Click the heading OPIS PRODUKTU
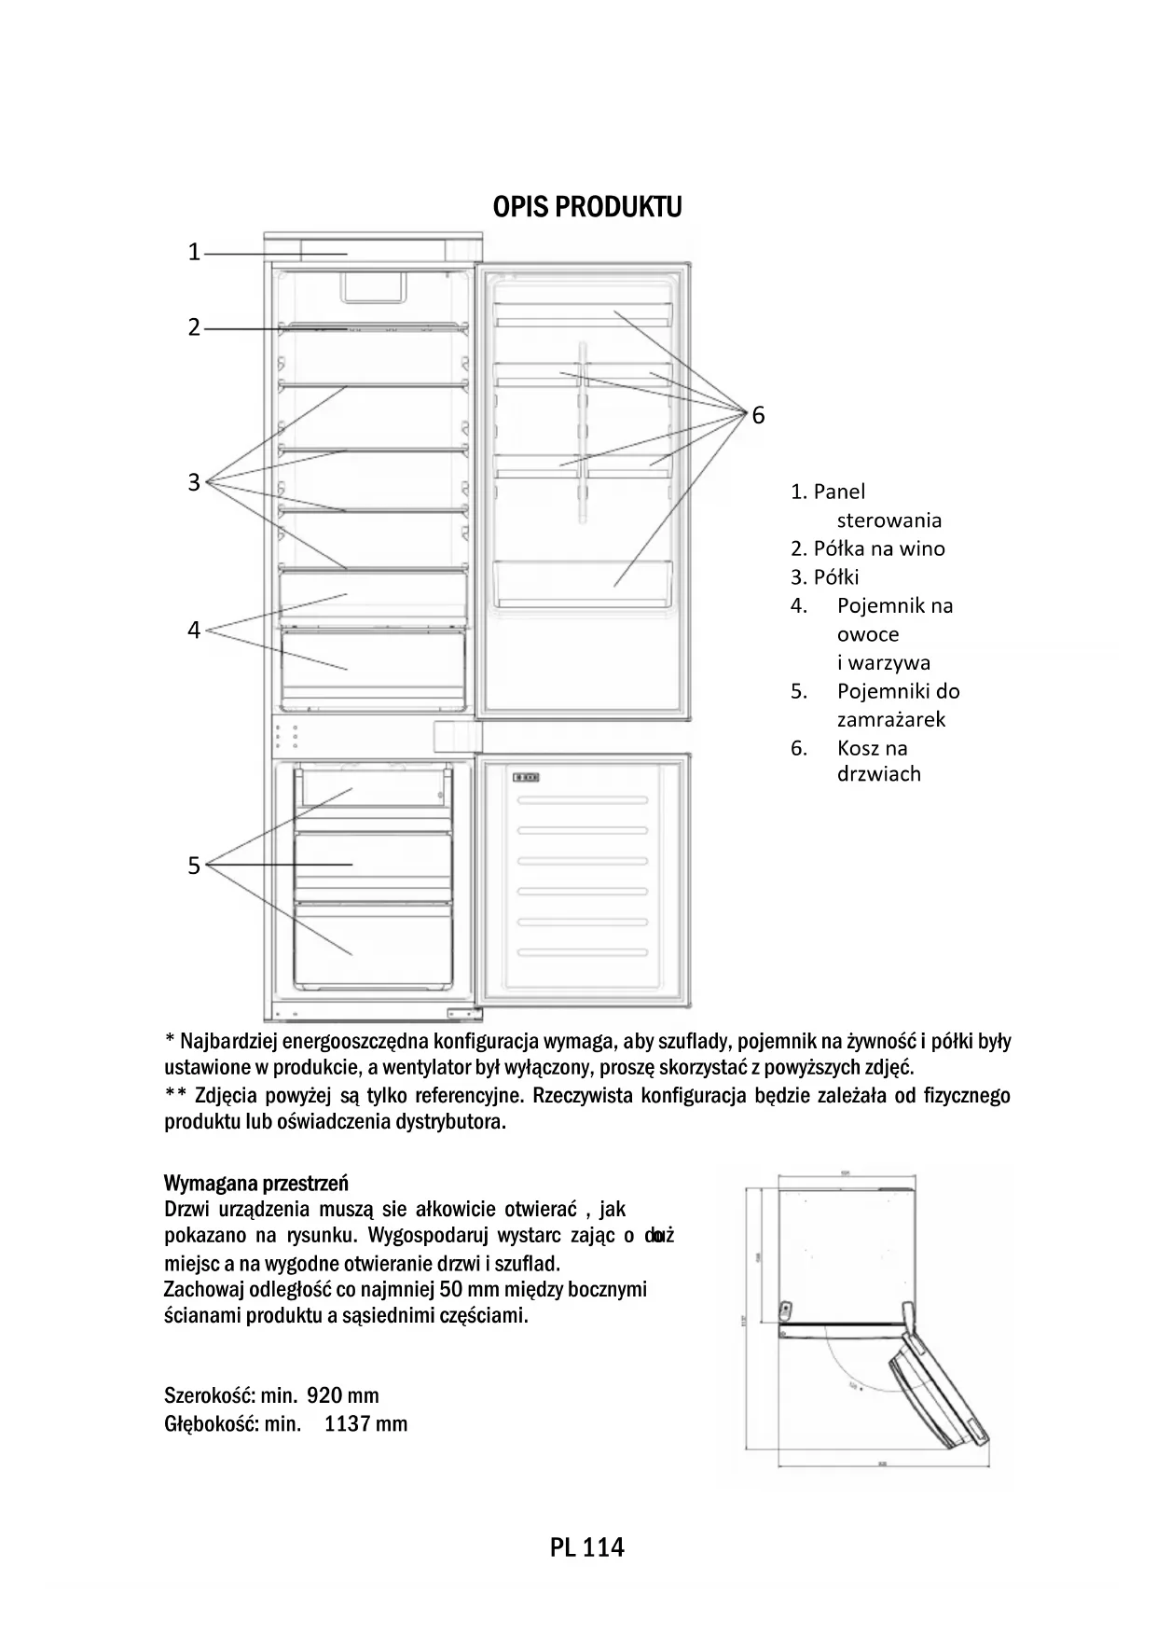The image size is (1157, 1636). [x=586, y=207]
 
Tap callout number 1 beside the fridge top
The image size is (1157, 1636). [x=194, y=252]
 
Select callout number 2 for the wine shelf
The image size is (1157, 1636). [x=194, y=327]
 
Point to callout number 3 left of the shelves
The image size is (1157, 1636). [x=194, y=482]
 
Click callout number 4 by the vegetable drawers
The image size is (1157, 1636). [x=194, y=631]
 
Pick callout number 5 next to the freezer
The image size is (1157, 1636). [x=194, y=866]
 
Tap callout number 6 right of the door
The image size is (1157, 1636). [x=758, y=415]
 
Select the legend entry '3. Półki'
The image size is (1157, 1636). [x=825, y=576]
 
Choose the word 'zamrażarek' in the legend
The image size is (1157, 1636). [x=891, y=719]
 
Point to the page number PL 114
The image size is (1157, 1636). [x=586, y=1548]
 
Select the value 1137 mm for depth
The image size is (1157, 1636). [x=365, y=1424]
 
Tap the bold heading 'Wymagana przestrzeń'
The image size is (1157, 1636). [x=256, y=1184]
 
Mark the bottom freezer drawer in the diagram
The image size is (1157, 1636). [x=377, y=943]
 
